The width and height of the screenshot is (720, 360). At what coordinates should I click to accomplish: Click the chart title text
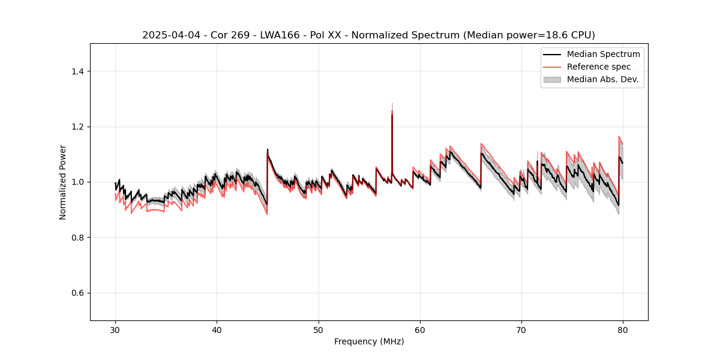pyautogui.click(x=368, y=35)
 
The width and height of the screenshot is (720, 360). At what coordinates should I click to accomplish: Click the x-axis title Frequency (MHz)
pyautogui.click(x=368, y=341)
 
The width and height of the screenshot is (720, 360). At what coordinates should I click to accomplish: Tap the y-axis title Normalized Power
pyautogui.click(x=63, y=182)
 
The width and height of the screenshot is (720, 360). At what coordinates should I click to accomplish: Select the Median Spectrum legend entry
pyautogui.click(x=603, y=54)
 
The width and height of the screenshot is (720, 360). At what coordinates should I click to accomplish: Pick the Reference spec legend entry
pyautogui.click(x=599, y=67)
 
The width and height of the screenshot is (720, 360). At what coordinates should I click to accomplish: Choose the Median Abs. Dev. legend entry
pyautogui.click(x=602, y=79)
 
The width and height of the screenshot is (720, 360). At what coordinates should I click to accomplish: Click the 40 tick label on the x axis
pyautogui.click(x=217, y=330)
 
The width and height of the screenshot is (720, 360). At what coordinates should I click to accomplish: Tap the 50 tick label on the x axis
pyautogui.click(x=319, y=330)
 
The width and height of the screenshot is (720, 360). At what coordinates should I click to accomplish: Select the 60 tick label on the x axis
pyautogui.click(x=420, y=330)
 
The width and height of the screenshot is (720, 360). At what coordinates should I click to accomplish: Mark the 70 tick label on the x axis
pyautogui.click(x=521, y=330)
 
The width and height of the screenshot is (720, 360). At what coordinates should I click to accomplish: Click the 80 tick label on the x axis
pyautogui.click(x=623, y=330)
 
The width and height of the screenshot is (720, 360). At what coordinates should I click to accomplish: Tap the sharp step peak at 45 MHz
pyautogui.click(x=268, y=150)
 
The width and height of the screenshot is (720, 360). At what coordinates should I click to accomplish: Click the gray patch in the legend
pyautogui.click(x=551, y=79)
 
